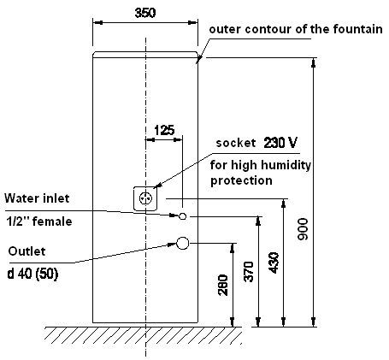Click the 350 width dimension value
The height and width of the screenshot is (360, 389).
(145, 13)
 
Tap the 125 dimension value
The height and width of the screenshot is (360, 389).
(164, 130)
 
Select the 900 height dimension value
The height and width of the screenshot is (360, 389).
(303, 229)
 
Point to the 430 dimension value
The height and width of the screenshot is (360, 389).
(274, 263)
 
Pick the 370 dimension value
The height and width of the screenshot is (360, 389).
(249, 272)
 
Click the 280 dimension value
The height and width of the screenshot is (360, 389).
(223, 285)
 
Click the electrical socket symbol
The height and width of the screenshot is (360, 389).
(145, 198)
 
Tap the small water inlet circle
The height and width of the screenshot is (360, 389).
(183, 216)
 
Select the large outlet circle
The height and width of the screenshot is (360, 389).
(183, 243)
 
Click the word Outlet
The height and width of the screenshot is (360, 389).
(27, 251)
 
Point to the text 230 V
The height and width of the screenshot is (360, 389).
(280, 143)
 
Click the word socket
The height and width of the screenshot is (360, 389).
(236, 143)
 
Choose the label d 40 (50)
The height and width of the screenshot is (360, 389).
(32, 274)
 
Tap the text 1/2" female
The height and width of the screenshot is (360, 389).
(39, 221)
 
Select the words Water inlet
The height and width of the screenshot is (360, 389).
(37, 198)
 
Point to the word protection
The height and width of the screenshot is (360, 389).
(241, 181)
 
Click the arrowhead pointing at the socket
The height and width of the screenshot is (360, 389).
(157, 186)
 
